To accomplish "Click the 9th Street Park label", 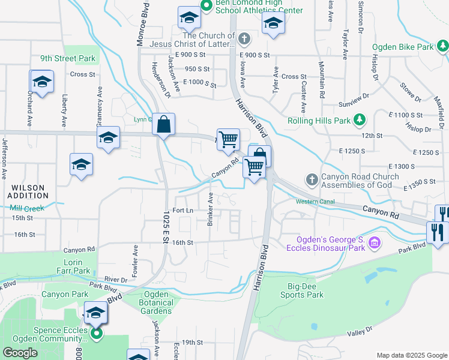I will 68,59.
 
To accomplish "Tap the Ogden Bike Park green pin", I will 442,46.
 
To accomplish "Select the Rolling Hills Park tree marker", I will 360,121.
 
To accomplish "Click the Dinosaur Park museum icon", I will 374,243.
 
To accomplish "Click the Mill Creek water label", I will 23,208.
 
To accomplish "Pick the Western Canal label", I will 315,201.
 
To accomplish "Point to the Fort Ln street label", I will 182,211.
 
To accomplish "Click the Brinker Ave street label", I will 210,209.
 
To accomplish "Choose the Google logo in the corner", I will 20,353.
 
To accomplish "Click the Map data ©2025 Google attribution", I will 411,355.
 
